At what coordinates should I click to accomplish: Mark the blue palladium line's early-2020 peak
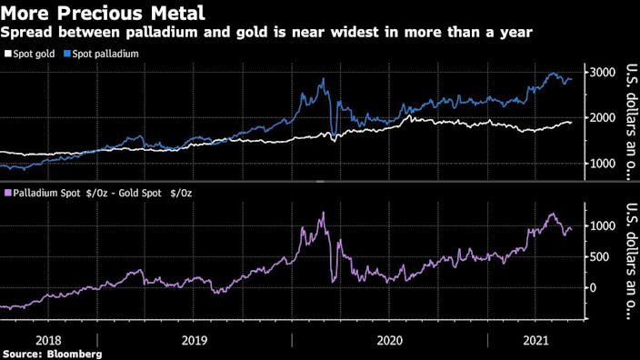324,79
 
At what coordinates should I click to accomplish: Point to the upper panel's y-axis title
625,118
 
